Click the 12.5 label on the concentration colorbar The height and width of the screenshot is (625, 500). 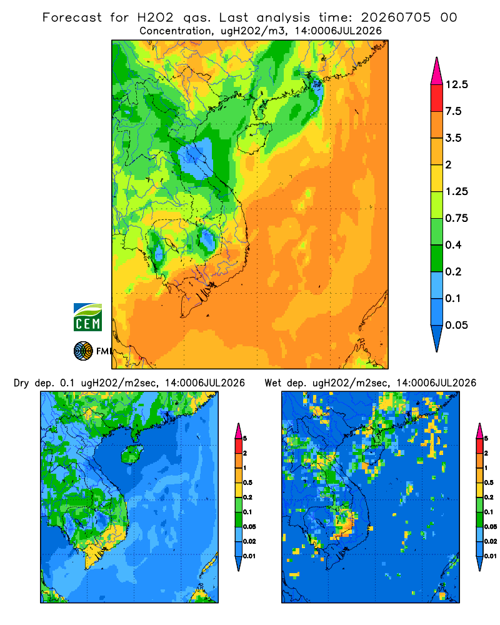(x=456, y=84)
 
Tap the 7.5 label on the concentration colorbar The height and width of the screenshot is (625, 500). (x=453, y=111)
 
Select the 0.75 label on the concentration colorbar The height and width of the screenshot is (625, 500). (x=456, y=218)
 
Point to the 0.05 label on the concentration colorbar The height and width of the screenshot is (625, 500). (x=456, y=325)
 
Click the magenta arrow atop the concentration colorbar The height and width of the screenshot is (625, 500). (x=437, y=71)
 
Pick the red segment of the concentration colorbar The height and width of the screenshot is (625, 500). (x=437, y=98)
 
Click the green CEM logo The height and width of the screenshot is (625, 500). (x=87, y=317)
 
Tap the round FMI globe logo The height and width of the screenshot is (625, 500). (x=83, y=351)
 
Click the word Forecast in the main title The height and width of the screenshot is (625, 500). (x=72, y=17)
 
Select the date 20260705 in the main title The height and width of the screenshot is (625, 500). (x=396, y=17)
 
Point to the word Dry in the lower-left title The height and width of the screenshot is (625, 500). (x=21, y=383)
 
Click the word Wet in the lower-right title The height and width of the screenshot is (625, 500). (x=272, y=383)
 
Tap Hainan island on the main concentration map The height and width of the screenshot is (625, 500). (x=254, y=137)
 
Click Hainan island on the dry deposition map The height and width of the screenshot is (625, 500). (x=132, y=454)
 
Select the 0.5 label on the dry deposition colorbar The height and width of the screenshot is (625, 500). (x=247, y=482)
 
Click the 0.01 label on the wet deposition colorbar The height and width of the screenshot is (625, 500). (x=491, y=556)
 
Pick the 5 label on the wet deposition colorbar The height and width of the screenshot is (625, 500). (x=486, y=439)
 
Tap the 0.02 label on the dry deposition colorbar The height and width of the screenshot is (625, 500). (x=249, y=541)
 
